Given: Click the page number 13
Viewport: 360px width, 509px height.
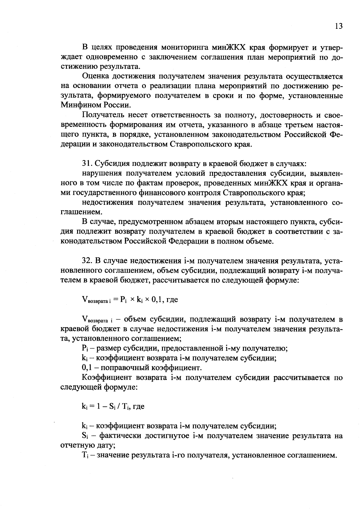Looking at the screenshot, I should [x=338, y=26].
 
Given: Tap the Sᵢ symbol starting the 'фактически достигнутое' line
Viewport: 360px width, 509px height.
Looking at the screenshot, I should [x=84, y=436].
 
